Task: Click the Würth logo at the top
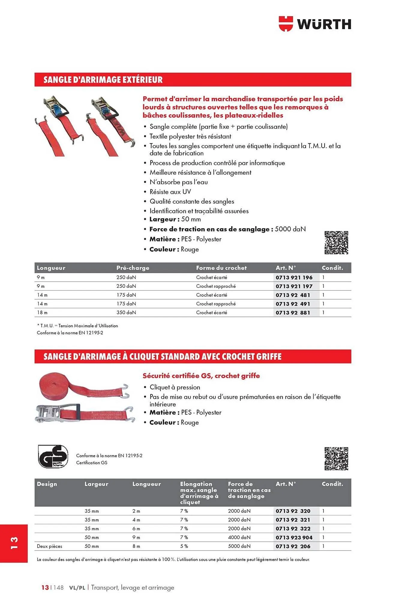[315, 24]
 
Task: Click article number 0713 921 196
[294, 277]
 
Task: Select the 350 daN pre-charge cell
[126, 313]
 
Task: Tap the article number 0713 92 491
[293, 304]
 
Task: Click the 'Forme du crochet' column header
[221, 268]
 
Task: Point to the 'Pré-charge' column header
[133, 268]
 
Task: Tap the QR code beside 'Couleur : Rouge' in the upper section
[336, 243]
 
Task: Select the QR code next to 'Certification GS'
[336, 459]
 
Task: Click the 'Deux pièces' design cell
[50, 546]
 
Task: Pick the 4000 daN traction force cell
[239, 538]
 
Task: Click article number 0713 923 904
[294, 538]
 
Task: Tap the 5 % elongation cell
[184, 546]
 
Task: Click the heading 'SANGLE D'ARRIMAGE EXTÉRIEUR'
[103, 80]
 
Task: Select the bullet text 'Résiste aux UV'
[170, 192]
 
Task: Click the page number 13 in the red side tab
[14, 543]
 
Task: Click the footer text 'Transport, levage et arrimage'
[132, 587]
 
